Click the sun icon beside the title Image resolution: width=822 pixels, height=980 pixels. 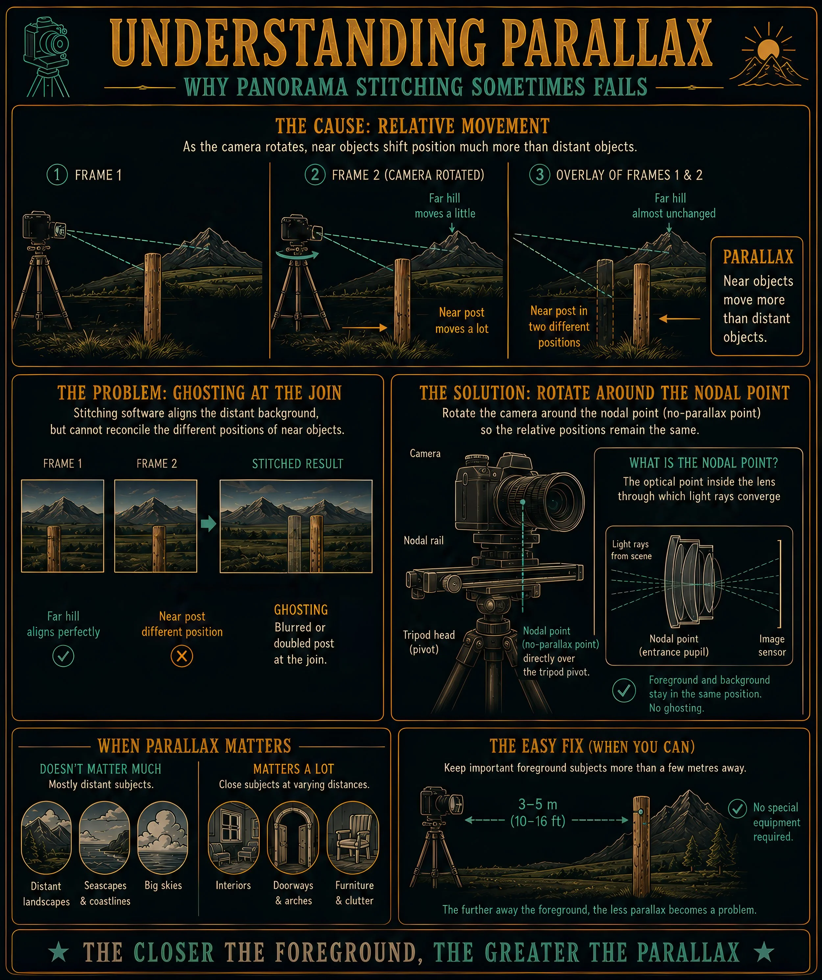click(x=768, y=49)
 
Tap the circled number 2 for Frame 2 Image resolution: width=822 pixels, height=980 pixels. click(x=315, y=175)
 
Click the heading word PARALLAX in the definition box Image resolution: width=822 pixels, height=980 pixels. click(x=758, y=257)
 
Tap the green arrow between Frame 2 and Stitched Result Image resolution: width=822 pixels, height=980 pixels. click(x=208, y=524)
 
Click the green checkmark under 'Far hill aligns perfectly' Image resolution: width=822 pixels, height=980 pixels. click(x=63, y=656)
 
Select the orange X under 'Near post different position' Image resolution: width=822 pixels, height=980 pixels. click(x=182, y=656)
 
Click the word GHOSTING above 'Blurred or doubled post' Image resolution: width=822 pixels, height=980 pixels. click(x=301, y=610)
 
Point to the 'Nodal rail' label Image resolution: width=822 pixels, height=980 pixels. click(x=423, y=540)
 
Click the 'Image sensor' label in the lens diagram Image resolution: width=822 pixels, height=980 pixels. click(x=772, y=645)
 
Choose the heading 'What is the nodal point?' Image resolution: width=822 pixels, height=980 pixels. click(x=704, y=463)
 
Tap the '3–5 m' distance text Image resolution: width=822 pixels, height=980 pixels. click(x=538, y=804)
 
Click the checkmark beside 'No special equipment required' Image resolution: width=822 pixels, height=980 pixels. click(x=737, y=808)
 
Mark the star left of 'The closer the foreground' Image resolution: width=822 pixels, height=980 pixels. click(x=59, y=952)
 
